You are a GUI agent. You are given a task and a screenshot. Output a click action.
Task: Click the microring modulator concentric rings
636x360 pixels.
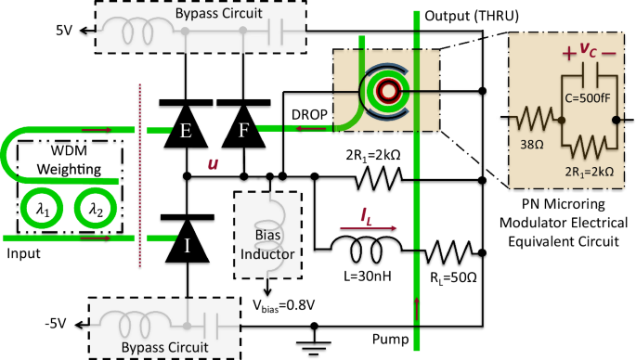tap(383, 90)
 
